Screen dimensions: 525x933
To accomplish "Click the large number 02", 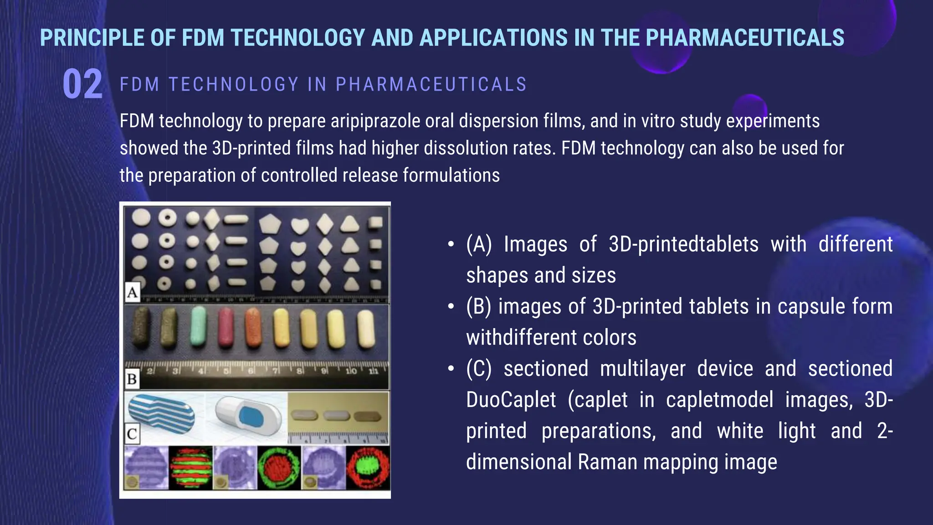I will tap(82, 84).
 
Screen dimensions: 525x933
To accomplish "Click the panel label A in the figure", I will tap(132, 292).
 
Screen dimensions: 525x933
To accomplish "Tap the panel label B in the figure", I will tap(132, 379).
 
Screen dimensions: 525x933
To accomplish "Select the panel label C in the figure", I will tap(132, 433).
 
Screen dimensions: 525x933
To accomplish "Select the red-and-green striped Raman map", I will tap(191, 468).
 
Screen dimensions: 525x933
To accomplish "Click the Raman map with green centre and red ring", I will tap(368, 468).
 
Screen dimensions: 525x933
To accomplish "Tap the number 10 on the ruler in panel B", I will tap(351, 371).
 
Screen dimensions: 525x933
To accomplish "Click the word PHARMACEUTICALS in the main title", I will tap(745, 38).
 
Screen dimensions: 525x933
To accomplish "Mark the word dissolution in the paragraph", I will tap(466, 149).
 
